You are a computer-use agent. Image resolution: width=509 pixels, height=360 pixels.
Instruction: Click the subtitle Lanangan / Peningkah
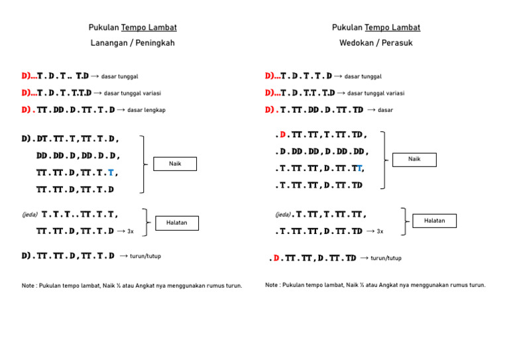133,43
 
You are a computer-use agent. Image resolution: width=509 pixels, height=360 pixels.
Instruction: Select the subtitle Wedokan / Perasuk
376,43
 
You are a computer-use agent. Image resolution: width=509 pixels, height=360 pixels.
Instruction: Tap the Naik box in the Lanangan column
175,163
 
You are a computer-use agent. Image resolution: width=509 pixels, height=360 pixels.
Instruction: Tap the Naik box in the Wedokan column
414,159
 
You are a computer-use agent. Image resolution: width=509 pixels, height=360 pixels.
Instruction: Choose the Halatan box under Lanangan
176,223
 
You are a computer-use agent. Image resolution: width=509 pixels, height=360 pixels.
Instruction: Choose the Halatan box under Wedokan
434,220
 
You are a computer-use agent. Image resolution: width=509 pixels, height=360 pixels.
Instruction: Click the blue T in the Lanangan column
111,173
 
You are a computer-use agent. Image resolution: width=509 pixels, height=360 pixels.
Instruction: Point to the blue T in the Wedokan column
359,168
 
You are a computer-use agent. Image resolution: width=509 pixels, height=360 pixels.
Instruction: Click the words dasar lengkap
146,110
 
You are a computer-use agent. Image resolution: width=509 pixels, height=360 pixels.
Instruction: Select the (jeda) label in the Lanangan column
30,215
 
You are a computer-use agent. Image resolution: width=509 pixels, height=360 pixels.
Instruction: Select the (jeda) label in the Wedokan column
283,215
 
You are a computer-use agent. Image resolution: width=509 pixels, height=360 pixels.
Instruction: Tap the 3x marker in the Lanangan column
131,232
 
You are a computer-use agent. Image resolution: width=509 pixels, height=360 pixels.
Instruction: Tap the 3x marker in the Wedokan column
380,231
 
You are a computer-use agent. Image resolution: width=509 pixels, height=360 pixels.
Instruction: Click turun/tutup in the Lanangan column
145,256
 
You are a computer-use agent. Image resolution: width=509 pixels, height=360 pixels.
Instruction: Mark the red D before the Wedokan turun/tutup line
276,258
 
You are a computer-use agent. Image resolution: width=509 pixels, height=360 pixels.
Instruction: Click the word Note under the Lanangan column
30,286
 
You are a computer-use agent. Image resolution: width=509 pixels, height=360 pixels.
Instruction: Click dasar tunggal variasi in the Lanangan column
132,93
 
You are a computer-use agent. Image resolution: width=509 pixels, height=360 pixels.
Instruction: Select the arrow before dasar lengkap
121,109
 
